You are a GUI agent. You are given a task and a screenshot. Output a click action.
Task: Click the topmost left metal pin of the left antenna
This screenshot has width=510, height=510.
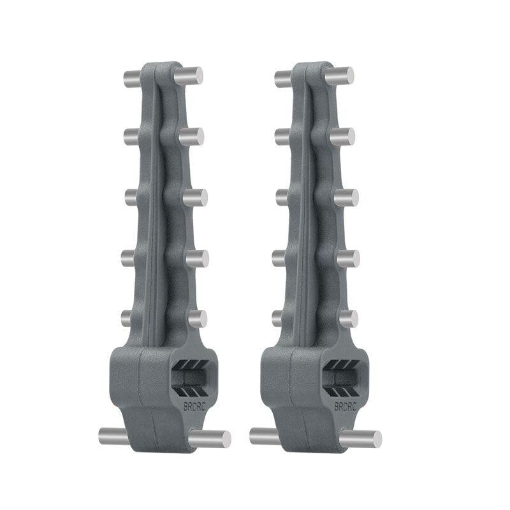133,80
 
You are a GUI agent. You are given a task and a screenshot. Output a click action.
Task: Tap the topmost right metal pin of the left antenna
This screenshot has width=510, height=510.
189,75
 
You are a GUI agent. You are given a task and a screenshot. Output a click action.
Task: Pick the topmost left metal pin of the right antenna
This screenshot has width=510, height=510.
284,79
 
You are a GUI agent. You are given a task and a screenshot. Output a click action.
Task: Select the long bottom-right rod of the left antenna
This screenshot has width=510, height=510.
211,439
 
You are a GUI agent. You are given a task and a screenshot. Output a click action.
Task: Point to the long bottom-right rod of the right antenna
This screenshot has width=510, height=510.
361,439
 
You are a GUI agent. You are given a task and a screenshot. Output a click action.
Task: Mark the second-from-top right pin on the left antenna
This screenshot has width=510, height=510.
192,136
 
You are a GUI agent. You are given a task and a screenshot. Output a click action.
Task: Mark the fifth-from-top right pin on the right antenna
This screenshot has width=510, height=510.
347,318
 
